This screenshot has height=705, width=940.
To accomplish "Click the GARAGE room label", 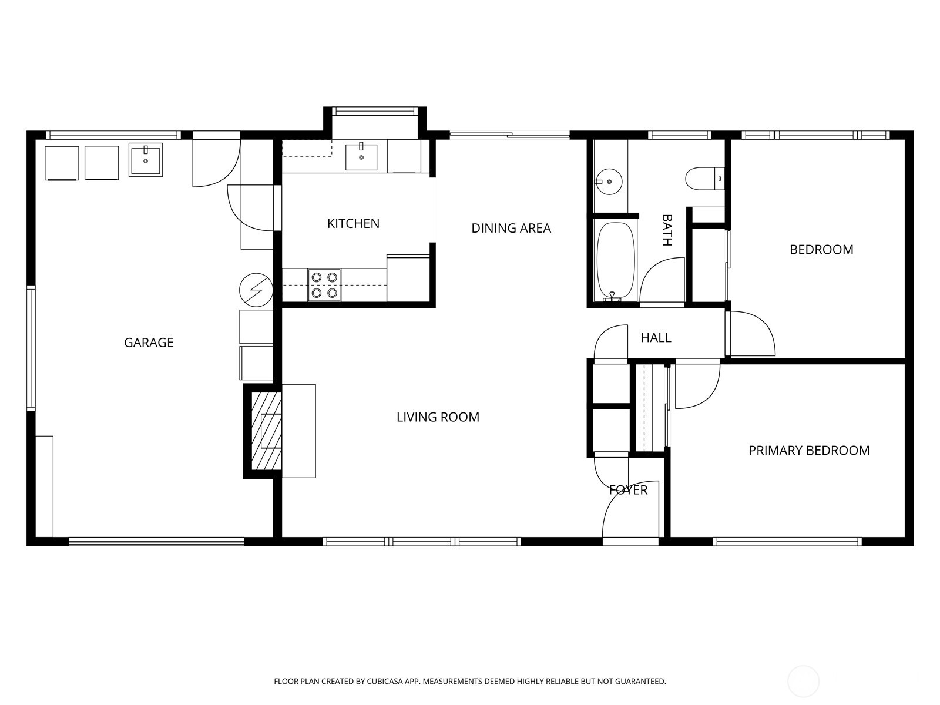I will pyautogui.click(x=149, y=343).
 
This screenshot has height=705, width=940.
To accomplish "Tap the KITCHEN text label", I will pyautogui.click(x=353, y=223).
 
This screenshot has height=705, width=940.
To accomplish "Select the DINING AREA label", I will pyautogui.click(x=511, y=228).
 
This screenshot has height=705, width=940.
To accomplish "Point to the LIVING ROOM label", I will pyautogui.click(x=438, y=417).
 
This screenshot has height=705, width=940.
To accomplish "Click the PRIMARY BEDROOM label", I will pyautogui.click(x=809, y=451).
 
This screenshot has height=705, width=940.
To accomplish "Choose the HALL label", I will pyautogui.click(x=656, y=338).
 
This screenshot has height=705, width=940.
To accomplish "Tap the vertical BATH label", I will pyautogui.click(x=667, y=230).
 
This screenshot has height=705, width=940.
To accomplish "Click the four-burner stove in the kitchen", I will pyautogui.click(x=324, y=285).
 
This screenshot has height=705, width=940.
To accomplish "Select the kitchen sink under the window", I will pyautogui.click(x=361, y=156).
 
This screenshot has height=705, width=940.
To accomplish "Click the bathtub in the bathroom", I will pyautogui.click(x=615, y=261).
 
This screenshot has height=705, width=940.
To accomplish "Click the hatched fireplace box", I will pyautogui.click(x=266, y=431).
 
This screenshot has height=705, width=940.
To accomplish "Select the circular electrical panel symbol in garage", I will pyautogui.click(x=256, y=290).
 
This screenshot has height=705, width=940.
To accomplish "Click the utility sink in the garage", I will pyautogui.click(x=145, y=160).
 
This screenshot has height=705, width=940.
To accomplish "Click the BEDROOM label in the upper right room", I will pyautogui.click(x=821, y=250).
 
